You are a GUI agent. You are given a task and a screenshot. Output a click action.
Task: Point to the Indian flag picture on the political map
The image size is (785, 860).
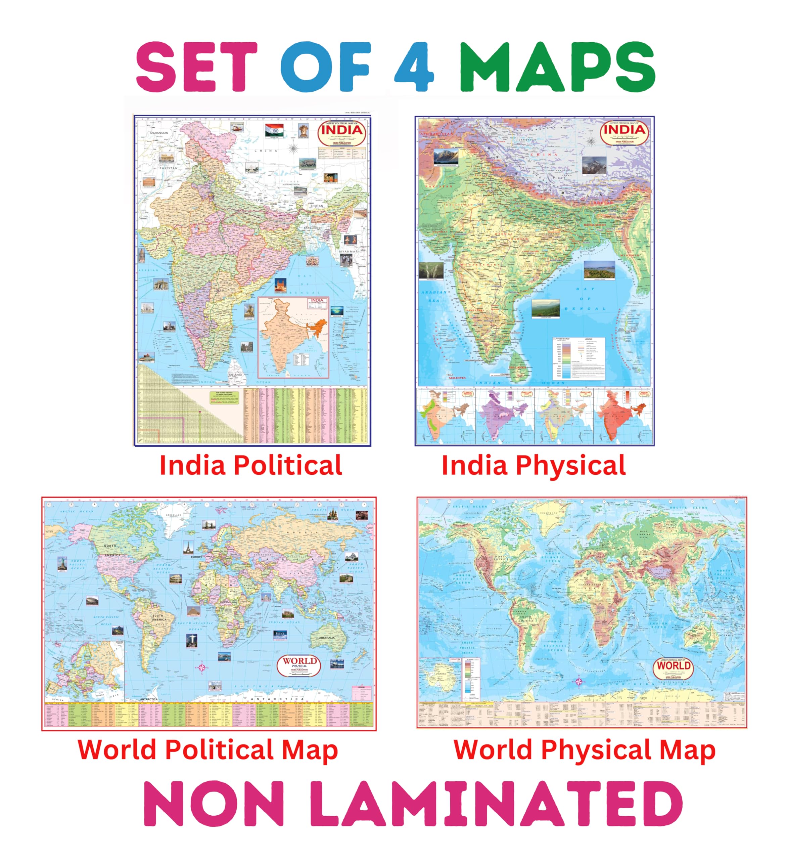tap(274, 130)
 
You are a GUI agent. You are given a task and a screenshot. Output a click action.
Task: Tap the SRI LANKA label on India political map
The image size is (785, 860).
tap(235, 375)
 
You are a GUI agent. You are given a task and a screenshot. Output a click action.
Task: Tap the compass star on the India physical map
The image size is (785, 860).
tap(591, 141)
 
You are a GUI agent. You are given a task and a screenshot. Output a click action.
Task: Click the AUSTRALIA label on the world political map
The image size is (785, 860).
tap(327, 638)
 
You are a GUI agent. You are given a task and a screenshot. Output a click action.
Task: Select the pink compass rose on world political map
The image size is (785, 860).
tap(202, 667)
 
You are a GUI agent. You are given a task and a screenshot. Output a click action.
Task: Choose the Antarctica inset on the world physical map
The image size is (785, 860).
tap(439, 678)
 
